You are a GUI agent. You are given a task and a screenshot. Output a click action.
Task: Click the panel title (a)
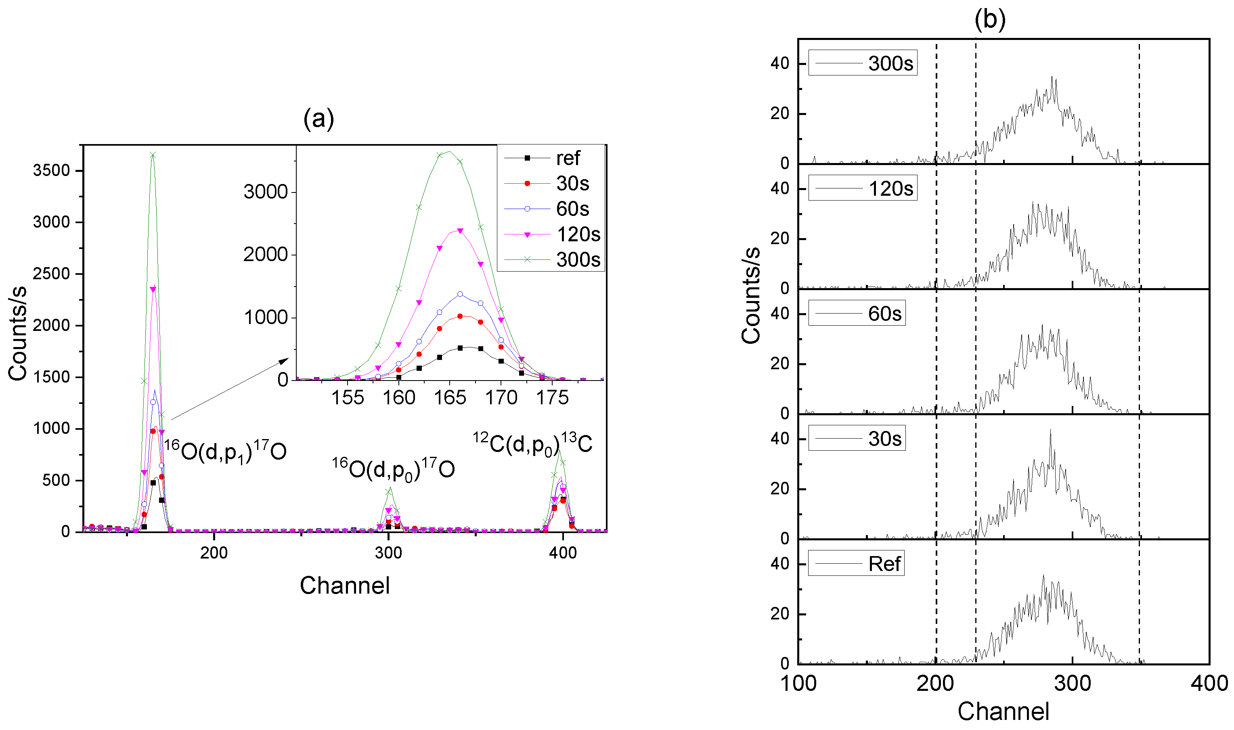(x=318, y=119)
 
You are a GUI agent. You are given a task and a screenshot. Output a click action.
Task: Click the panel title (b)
(x=989, y=19)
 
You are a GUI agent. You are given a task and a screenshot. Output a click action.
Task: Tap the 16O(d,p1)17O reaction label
(x=225, y=450)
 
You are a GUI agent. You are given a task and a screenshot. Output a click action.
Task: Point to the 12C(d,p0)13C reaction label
(x=532, y=443)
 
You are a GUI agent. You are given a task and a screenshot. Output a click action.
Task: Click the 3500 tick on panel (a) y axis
(x=51, y=171)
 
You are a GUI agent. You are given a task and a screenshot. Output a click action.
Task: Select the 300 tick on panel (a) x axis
(x=388, y=553)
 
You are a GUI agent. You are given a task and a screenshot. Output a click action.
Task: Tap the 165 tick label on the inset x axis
(x=450, y=397)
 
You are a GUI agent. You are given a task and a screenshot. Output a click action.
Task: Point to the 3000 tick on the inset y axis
(x=265, y=192)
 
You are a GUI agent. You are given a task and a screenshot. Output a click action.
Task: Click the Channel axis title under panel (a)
(x=344, y=586)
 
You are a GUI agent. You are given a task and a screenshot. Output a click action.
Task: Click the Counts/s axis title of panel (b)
(x=751, y=295)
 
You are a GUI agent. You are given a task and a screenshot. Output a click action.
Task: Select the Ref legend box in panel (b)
(x=856, y=564)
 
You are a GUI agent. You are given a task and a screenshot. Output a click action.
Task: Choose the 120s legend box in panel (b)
(x=862, y=188)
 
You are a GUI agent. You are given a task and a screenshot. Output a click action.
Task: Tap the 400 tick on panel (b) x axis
(x=1209, y=684)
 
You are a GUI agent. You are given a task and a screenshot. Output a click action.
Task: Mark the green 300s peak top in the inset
(x=449, y=151)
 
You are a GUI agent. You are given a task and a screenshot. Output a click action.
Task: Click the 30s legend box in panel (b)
(x=856, y=438)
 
